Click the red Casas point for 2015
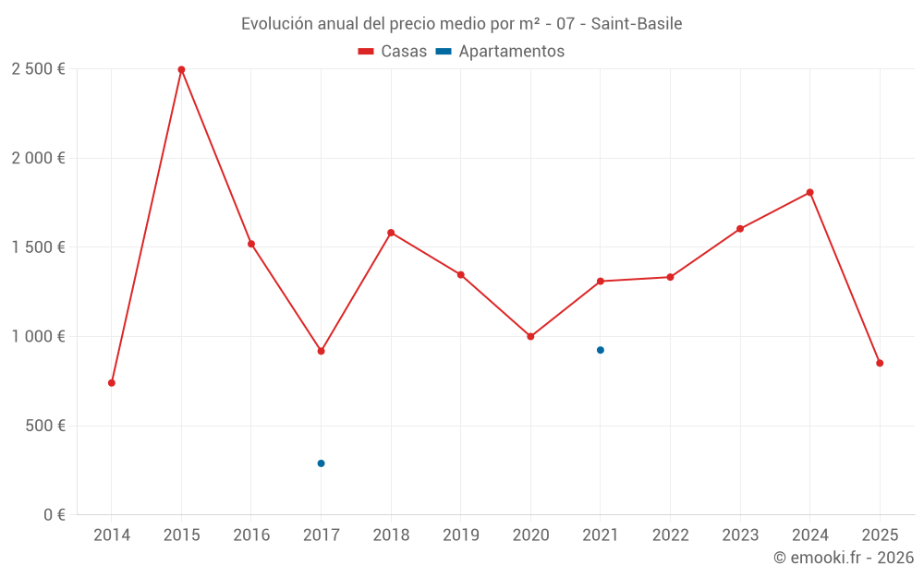181,69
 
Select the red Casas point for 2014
112,382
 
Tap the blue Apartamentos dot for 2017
321,463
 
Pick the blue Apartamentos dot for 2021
601,350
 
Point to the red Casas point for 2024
809,192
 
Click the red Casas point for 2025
880,363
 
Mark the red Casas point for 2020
530,336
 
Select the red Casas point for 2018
391,233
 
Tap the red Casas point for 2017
321,351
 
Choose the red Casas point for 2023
740,229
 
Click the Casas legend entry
393,52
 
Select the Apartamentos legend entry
500,52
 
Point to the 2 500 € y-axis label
38,69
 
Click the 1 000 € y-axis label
38,337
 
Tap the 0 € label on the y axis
54,515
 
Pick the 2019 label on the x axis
460,535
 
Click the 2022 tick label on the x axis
670,535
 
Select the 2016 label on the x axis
251,535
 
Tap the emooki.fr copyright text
843,558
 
